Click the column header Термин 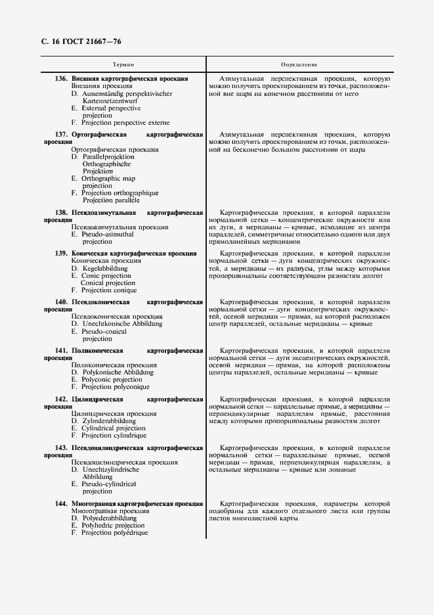coord(123,65)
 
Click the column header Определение coord(299,65)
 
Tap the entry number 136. coord(61,79)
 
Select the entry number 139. coord(61,253)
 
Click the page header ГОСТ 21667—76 coord(91,42)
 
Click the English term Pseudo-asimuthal coord(107,235)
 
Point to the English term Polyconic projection coord(112,380)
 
